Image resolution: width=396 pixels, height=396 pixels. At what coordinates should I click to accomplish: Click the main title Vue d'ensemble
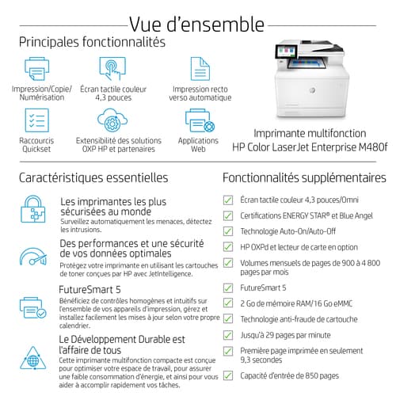[196, 25]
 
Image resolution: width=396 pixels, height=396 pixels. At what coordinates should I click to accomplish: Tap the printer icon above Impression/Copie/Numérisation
[36, 69]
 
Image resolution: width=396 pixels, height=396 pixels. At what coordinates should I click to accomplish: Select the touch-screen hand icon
[112, 68]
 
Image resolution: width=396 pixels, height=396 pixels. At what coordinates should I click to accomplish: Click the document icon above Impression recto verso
[200, 69]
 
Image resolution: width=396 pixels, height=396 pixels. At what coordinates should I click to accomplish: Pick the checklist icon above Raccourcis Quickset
[36, 120]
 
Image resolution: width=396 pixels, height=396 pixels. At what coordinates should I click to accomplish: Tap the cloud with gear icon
[112, 120]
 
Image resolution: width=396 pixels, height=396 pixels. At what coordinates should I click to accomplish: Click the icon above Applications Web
[200, 120]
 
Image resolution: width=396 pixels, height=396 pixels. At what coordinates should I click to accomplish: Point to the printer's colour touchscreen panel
[286, 51]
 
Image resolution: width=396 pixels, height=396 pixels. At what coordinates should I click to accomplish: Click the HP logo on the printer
[312, 90]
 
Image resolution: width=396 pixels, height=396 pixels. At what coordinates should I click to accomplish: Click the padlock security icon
[33, 209]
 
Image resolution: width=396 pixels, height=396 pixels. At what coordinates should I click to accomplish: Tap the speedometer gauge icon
[33, 257]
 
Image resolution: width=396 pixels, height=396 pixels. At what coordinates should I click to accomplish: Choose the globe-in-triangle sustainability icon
[33, 358]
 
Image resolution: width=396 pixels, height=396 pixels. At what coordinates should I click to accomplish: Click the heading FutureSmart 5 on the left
[89, 290]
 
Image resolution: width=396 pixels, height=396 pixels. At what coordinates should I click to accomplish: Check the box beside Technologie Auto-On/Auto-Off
[228, 231]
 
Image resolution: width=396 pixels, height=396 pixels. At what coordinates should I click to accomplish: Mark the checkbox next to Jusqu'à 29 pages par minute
[228, 335]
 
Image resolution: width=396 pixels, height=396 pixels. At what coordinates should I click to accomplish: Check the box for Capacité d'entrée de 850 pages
[228, 375]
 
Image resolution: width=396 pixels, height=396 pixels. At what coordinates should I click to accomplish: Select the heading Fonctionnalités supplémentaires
[304, 177]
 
